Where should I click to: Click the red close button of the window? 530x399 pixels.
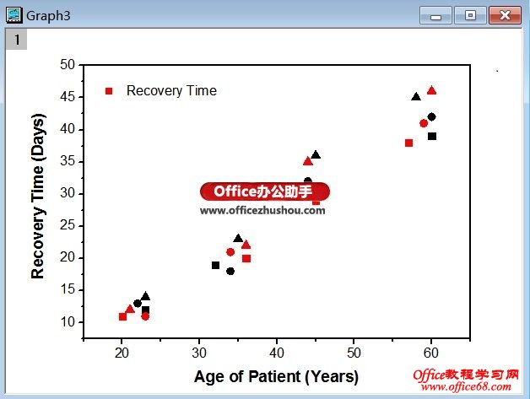[505, 14]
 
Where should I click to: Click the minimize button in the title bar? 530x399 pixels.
[435, 14]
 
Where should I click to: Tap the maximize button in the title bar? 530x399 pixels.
[469, 14]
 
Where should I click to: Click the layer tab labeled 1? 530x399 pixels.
[16, 39]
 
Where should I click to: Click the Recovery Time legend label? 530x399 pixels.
[171, 91]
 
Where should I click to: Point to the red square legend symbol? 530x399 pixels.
[108, 91]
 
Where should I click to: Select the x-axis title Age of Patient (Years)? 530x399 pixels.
[276, 376]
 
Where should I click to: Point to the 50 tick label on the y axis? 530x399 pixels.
[68, 65]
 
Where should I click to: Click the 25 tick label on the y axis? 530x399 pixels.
[68, 226]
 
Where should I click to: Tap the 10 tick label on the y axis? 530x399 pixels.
[68, 322]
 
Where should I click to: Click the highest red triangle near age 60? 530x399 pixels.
[431, 90]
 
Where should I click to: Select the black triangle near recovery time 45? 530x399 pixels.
[416, 97]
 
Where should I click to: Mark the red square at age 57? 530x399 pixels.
[408, 143]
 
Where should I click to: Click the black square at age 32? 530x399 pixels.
[215, 265]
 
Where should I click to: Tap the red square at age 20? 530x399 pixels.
[122, 316]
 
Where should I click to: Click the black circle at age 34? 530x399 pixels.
[230, 271]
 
